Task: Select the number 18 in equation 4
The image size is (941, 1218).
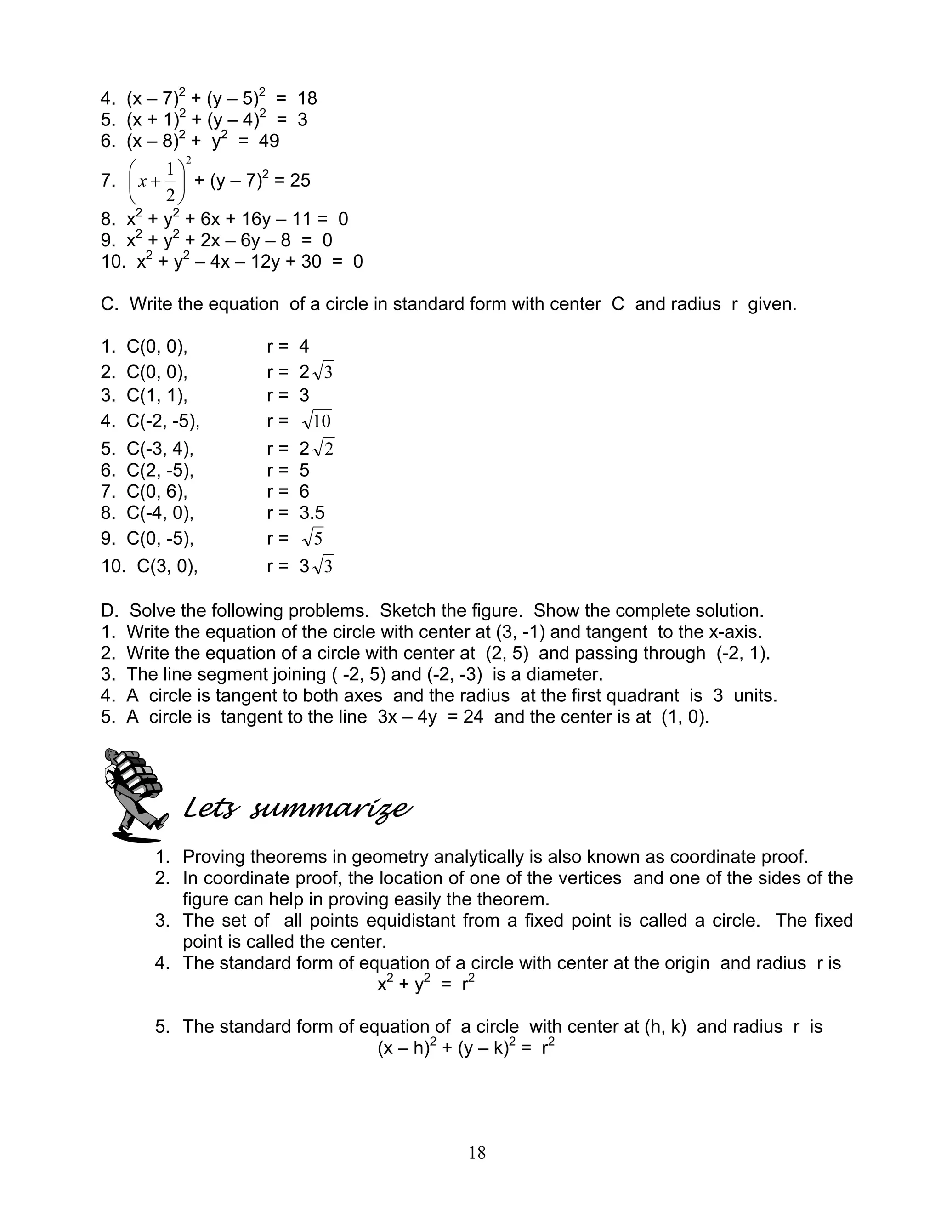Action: [x=306, y=99]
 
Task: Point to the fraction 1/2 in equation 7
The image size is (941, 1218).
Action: [x=170, y=181]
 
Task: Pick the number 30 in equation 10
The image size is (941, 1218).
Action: [x=311, y=262]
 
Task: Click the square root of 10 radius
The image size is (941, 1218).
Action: [x=317, y=421]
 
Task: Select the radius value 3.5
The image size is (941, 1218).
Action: [x=312, y=512]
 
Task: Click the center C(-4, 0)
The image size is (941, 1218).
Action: [x=159, y=512]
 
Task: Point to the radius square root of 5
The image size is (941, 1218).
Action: [x=313, y=538]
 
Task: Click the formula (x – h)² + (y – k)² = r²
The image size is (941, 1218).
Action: [x=465, y=1048]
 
